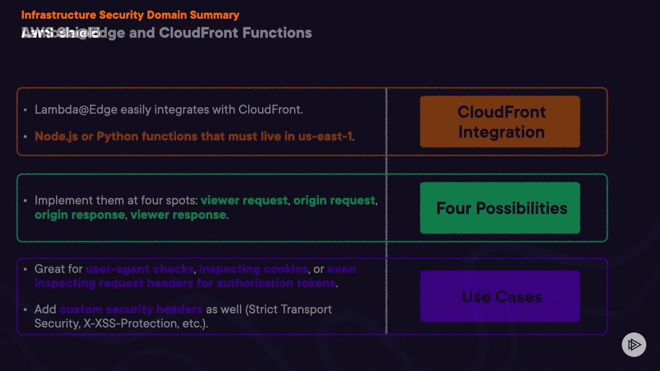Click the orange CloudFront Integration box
click(x=500, y=122)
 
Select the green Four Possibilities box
click(x=500, y=208)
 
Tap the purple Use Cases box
click(x=500, y=296)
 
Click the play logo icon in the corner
click(x=634, y=345)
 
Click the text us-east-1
click(x=325, y=136)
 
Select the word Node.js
click(x=56, y=136)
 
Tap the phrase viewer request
click(x=244, y=200)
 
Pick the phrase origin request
click(x=334, y=200)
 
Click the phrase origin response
click(x=80, y=215)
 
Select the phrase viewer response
click(x=178, y=215)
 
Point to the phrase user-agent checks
click(x=140, y=269)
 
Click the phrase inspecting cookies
click(x=253, y=269)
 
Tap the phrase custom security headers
click(x=131, y=309)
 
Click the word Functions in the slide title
click(x=277, y=33)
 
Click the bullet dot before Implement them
click(x=25, y=201)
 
